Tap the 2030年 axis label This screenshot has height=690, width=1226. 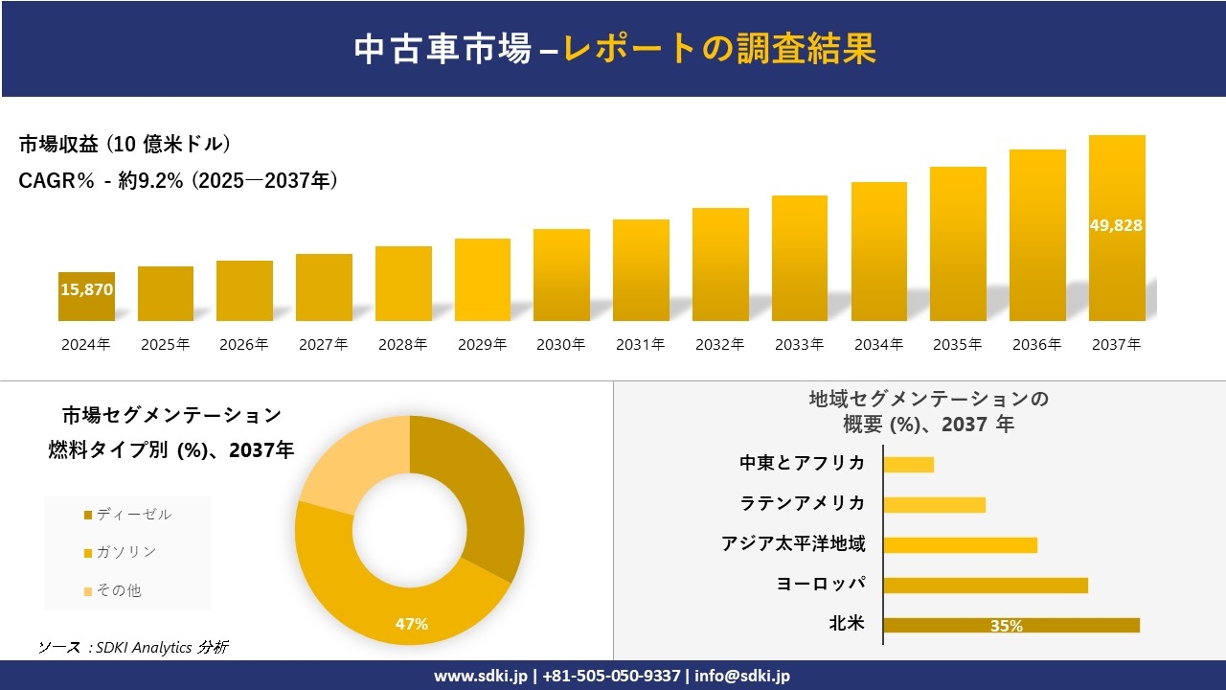pos(560,345)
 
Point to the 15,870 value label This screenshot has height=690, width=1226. pos(86,287)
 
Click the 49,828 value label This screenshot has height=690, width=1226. pos(1116,225)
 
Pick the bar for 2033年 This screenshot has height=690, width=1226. pos(799,259)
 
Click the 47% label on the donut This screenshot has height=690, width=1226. pos(412,624)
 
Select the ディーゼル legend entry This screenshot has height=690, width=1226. pos(131,515)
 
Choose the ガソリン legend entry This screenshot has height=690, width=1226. pos(124,552)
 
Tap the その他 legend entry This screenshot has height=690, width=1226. pos(120,590)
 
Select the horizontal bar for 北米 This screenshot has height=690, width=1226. pos(1010,625)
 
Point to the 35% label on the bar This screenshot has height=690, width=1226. pos(1006,626)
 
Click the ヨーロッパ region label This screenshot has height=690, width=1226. pos(822,584)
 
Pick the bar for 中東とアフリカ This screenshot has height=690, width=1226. pos(908,465)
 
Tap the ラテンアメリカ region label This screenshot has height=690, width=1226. pos(803,503)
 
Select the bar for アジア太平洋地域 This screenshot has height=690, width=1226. pos(960,545)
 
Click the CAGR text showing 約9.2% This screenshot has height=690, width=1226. pos(178,181)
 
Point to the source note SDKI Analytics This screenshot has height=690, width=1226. pos(134,648)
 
